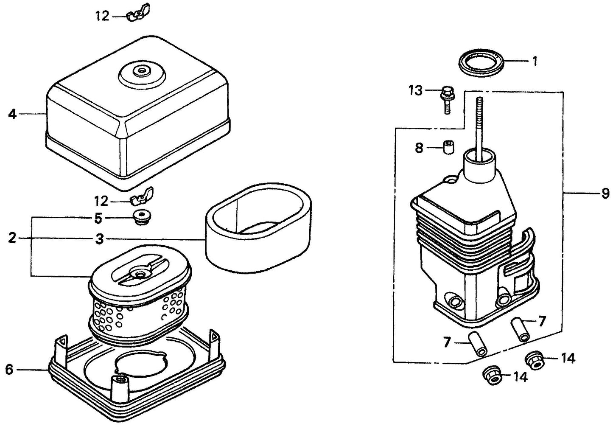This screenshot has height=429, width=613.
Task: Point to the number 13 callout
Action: [416, 90]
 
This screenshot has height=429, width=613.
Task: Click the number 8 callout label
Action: [419, 148]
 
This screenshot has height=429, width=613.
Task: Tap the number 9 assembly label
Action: [605, 193]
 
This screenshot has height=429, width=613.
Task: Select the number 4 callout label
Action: [12, 114]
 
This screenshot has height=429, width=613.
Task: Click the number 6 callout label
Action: [9, 370]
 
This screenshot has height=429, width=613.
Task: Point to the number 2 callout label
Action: [12, 238]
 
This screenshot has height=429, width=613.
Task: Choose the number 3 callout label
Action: [99, 239]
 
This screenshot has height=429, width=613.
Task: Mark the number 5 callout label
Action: [98, 219]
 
